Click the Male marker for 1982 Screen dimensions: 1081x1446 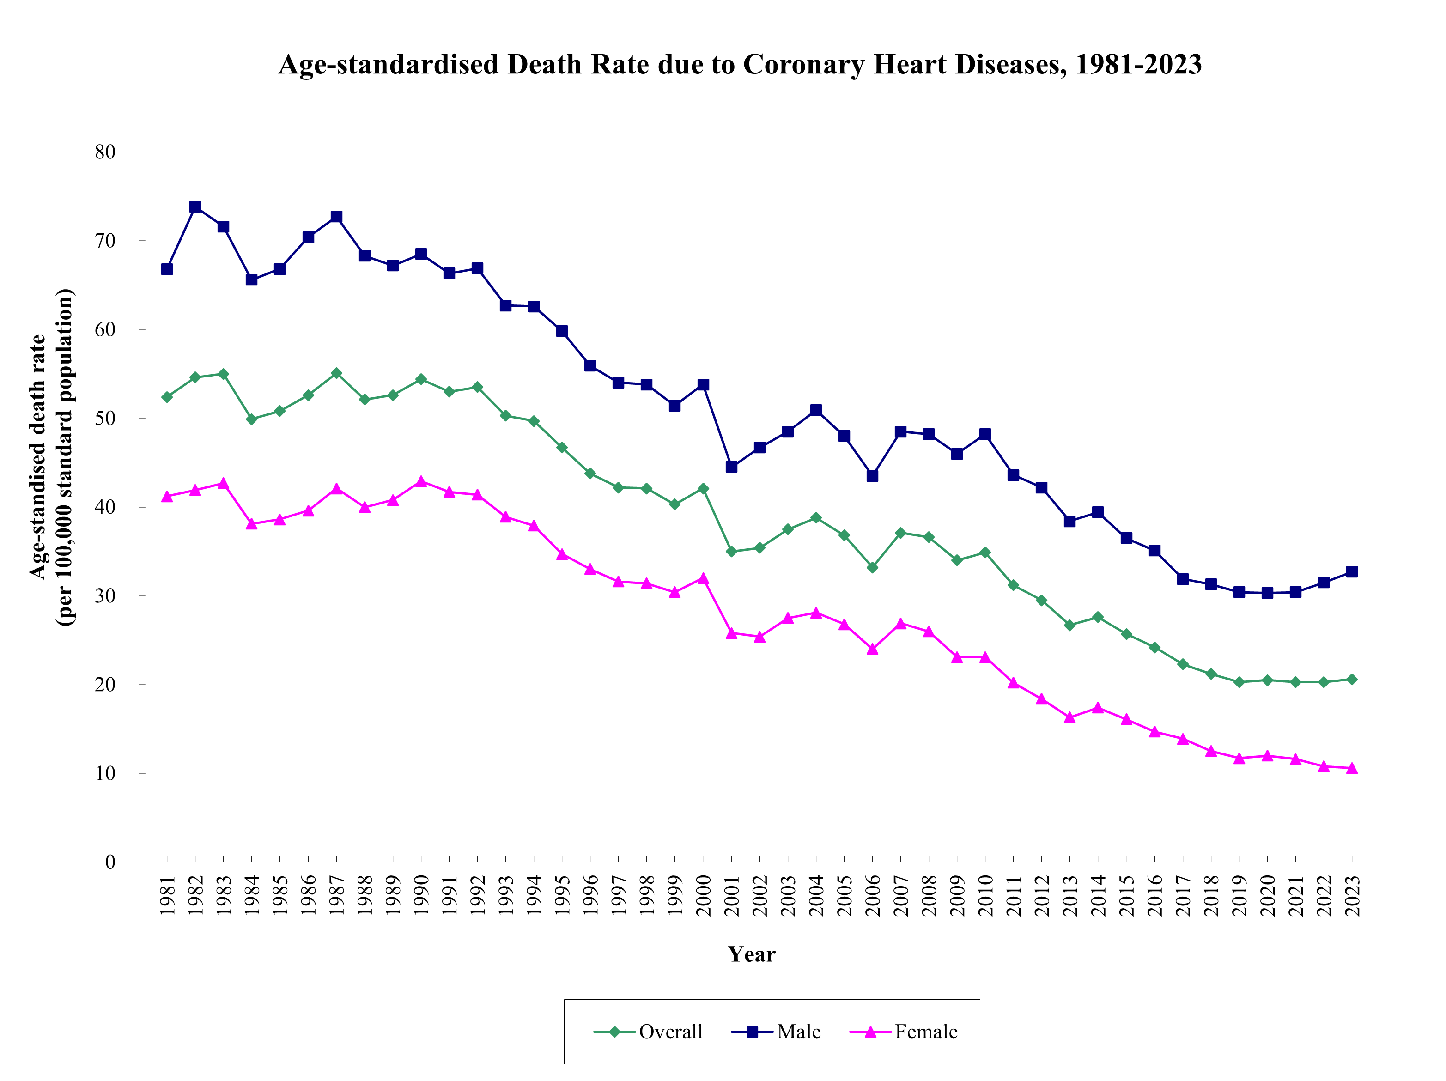pos(195,206)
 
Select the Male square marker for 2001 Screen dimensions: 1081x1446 pos(731,467)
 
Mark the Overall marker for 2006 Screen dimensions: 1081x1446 pos(873,567)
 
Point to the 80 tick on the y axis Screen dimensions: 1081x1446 pos(104,152)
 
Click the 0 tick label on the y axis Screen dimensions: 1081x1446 pos(110,862)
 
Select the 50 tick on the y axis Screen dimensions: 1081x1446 pos(104,418)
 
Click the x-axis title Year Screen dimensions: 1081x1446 pos(751,954)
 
